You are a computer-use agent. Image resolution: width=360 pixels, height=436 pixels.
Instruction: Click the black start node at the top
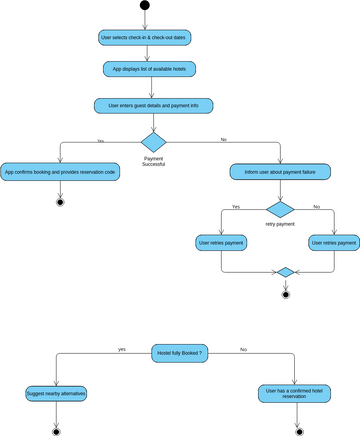tap(144, 6)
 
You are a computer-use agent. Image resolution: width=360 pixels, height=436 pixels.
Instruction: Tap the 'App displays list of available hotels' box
tap(150, 69)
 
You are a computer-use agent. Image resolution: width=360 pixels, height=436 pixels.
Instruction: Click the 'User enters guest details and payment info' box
tap(152, 105)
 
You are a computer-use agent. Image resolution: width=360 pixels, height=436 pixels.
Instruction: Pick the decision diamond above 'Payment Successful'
tap(153, 141)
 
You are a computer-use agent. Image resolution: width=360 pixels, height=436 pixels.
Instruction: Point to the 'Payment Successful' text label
tap(153, 161)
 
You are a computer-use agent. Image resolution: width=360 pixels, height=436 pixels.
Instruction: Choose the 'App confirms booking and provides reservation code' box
tap(60, 172)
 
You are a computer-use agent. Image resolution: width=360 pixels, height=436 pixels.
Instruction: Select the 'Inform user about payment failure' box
tap(280, 172)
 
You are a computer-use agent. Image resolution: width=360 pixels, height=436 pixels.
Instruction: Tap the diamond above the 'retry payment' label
tap(280, 209)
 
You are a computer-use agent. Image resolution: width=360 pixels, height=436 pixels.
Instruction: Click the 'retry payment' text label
tap(280, 224)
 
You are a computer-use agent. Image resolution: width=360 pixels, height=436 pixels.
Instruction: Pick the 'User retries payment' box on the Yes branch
tap(221, 243)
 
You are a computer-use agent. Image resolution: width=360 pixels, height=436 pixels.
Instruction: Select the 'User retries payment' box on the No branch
tap(334, 243)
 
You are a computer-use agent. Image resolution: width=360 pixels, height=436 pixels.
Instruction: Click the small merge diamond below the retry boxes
tap(285, 272)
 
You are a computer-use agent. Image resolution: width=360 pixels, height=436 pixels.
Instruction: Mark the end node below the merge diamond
tap(285, 294)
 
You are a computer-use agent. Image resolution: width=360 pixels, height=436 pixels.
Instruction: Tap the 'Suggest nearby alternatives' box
tap(56, 394)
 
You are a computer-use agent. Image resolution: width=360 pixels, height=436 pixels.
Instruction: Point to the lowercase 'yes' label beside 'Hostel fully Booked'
tap(121, 349)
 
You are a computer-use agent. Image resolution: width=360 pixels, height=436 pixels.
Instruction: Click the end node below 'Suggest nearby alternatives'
tap(56, 432)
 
